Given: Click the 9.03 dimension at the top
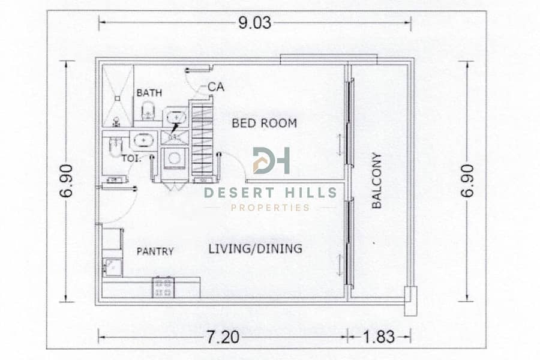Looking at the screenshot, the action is coord(255,23).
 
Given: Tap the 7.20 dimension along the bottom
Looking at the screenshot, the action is coord(223,337).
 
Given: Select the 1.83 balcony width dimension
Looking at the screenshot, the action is coord(379,337).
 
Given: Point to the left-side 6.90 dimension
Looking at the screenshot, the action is coord(66,181).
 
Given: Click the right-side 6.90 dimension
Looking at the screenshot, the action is coord(467,181).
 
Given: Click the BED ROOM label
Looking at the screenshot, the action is coord(264,123).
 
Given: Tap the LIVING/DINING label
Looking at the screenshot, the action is coord(255,248).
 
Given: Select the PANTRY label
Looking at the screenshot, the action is coord(155,251).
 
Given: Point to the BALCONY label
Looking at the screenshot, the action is coord(377,181).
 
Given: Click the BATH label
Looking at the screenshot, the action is coord(149,92).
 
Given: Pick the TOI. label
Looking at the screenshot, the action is coord(131,159).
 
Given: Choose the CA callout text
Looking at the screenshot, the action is coord(216,87).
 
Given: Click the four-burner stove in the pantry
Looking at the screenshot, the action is coord(163,287).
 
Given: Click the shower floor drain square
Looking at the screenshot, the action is coord(118,98).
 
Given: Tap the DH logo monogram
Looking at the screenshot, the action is coord(271,161).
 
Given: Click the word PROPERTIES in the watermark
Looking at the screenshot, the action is coord(270,208).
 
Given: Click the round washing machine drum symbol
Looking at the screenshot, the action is coord(174,158).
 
